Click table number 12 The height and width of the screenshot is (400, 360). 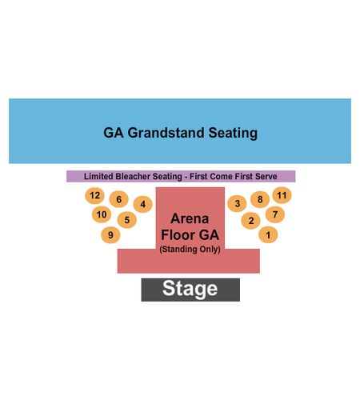94,196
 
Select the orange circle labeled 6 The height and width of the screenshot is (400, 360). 119,199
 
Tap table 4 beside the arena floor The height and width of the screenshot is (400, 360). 143,204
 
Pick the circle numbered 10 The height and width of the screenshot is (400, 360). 102,214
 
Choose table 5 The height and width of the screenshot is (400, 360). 127,220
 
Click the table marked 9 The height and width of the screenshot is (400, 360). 110,235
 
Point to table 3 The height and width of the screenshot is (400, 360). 237,204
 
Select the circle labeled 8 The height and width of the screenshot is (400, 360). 260,199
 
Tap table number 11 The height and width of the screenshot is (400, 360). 282,195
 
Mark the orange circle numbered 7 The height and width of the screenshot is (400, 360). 275,214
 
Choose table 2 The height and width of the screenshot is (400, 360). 250,221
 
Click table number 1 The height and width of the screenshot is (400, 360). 268,234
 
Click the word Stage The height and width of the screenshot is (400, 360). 190,289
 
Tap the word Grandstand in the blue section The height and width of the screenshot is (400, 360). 166,133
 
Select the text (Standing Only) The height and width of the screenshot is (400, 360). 190,250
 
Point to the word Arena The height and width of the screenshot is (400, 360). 190,218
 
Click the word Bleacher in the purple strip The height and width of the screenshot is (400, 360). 133,176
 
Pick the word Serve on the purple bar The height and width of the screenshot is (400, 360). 266,176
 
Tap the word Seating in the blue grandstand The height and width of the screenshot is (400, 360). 233,133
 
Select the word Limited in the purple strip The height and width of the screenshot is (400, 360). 98,176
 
